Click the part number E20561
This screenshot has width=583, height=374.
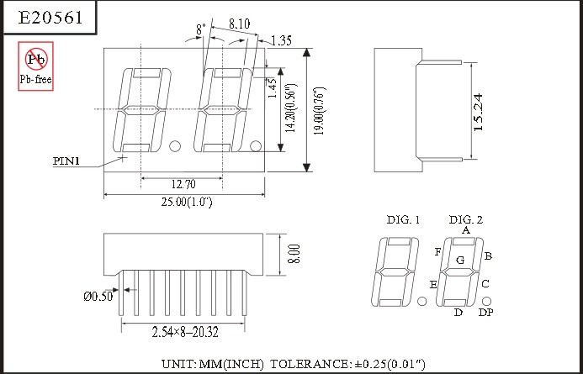pos(50,17)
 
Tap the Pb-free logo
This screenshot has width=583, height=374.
pos(35,66)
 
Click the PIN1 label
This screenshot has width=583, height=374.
pos(66,161)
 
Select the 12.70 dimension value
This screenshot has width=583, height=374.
pos(183,184)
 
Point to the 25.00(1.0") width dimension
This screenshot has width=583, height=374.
pos(187,202)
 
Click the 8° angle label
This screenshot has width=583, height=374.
pos(201,29)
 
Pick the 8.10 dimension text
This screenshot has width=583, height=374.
pos(239,24)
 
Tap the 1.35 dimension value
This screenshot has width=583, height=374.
pos(281,40)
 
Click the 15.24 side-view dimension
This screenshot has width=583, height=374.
pos(478,112)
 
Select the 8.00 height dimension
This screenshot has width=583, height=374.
pos(294,254)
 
